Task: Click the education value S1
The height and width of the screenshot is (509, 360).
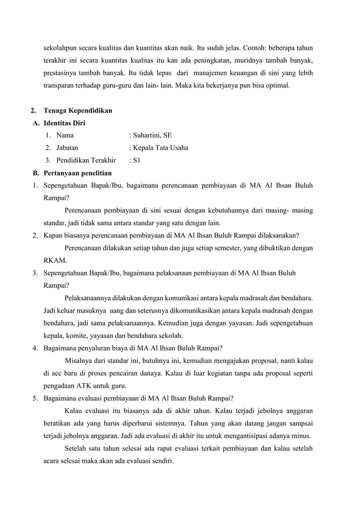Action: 136,160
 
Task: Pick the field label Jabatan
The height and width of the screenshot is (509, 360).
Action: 68,148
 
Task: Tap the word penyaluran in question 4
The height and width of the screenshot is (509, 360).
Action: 100,348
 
